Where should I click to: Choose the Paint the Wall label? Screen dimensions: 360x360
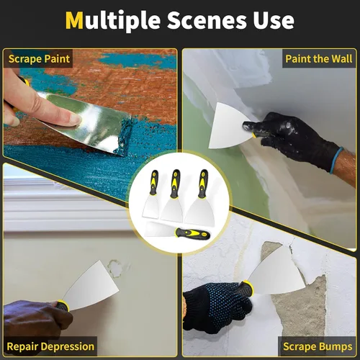(318, 58)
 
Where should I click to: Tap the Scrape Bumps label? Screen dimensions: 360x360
(319, 346)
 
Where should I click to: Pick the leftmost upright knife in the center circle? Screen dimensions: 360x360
(153, 195)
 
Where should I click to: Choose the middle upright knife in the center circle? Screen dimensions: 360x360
(175, 195)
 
